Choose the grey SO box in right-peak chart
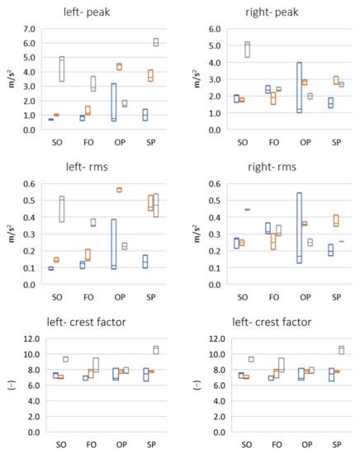click(x=246, y=50)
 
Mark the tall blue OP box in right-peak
click(x=298, y=87)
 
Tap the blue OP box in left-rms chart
click(x=113, y=244)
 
